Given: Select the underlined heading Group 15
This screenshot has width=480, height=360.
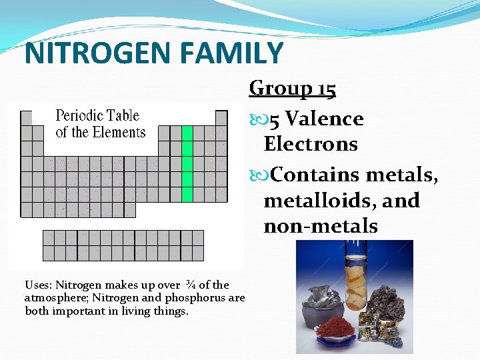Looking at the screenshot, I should [x=293, y=88].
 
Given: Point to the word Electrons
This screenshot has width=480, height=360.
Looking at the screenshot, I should [x=311, y=144].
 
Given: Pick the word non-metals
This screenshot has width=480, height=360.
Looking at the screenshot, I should [x=321, y=226].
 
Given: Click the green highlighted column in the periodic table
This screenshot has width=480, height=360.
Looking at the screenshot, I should [x=187, y=163].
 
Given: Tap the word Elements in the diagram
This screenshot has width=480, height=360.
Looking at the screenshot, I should [x=119, y=132].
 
